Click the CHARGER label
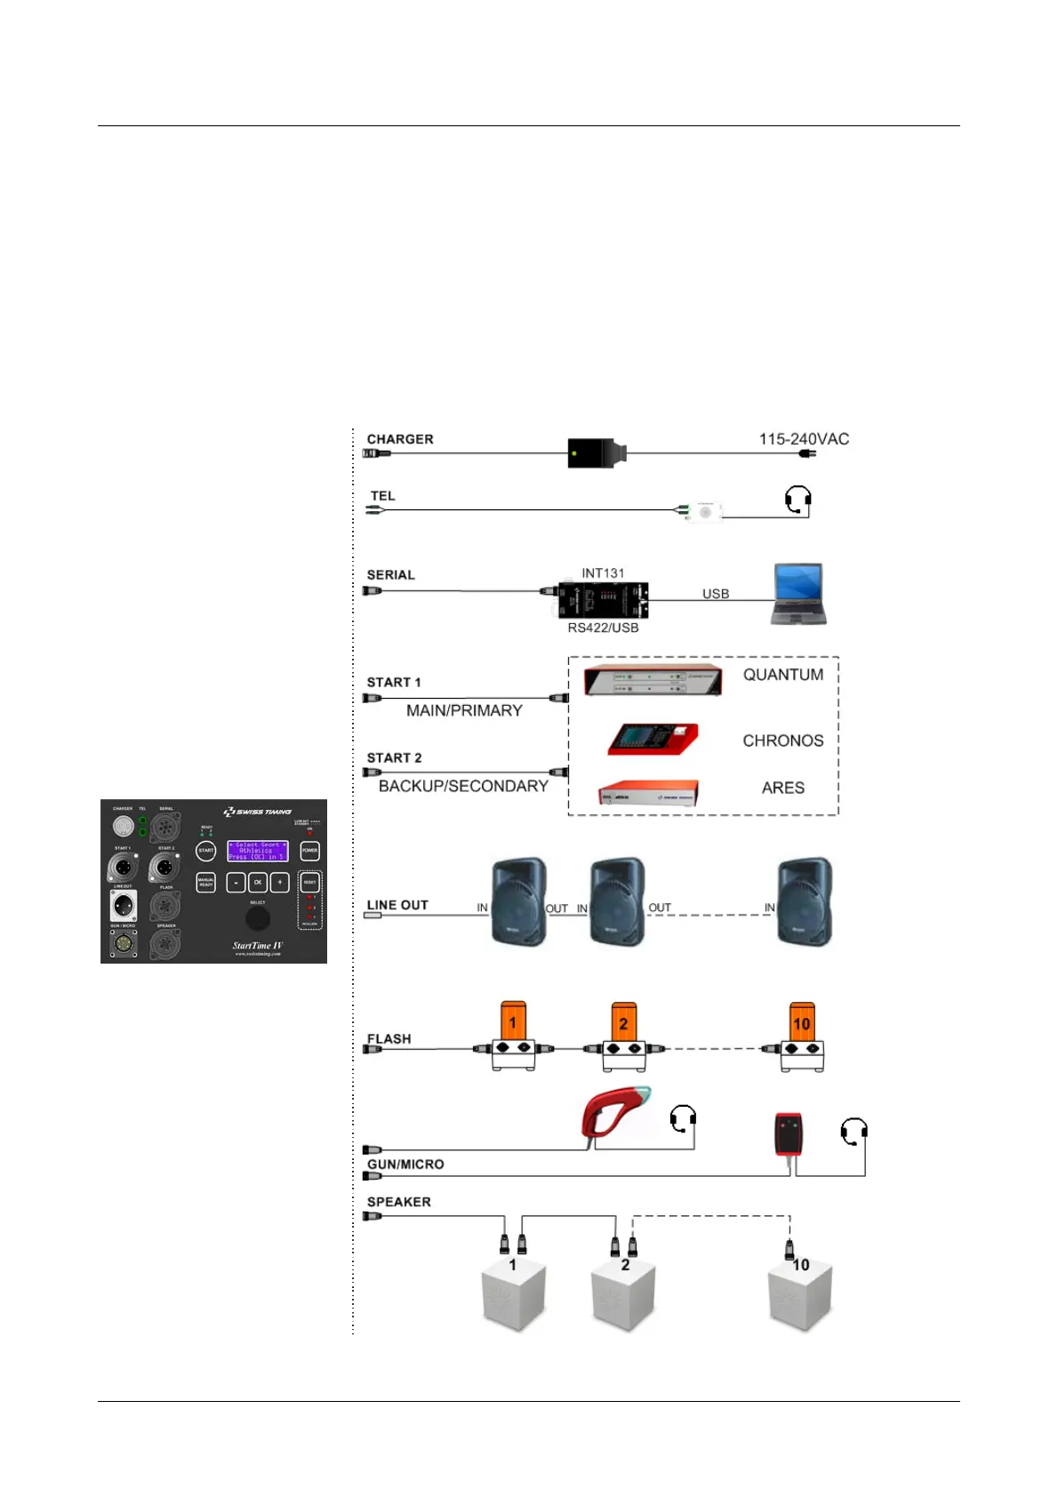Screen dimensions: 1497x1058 400,439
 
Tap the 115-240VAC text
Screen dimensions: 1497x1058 804,439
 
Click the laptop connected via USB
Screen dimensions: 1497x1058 798,593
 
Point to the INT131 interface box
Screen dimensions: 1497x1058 603,600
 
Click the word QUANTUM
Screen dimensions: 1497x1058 783,675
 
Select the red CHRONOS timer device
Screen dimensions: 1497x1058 653,739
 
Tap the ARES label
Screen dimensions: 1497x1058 782,788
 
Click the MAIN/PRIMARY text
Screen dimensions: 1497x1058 464,710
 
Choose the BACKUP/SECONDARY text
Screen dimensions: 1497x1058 463,786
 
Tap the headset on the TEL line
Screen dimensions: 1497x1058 798,500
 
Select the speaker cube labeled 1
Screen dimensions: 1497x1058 513,1295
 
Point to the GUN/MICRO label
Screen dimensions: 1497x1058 405,1165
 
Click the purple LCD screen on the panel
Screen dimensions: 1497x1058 258,851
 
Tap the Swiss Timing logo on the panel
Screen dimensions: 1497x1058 257,812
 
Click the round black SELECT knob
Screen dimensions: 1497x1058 257,917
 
